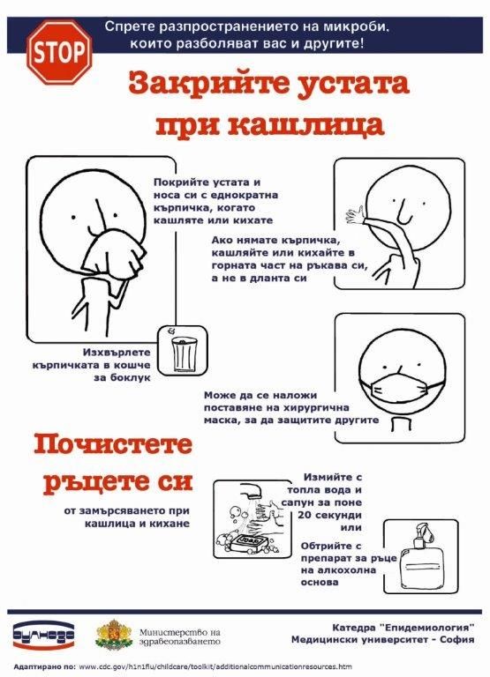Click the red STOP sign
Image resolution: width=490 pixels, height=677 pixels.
60,52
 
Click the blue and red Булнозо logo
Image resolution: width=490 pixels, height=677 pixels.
43,636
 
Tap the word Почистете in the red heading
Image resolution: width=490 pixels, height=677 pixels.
112,444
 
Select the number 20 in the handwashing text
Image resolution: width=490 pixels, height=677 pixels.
304,515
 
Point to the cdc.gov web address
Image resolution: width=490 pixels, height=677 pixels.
215,666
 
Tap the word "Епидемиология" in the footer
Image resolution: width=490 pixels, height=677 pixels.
426,627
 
